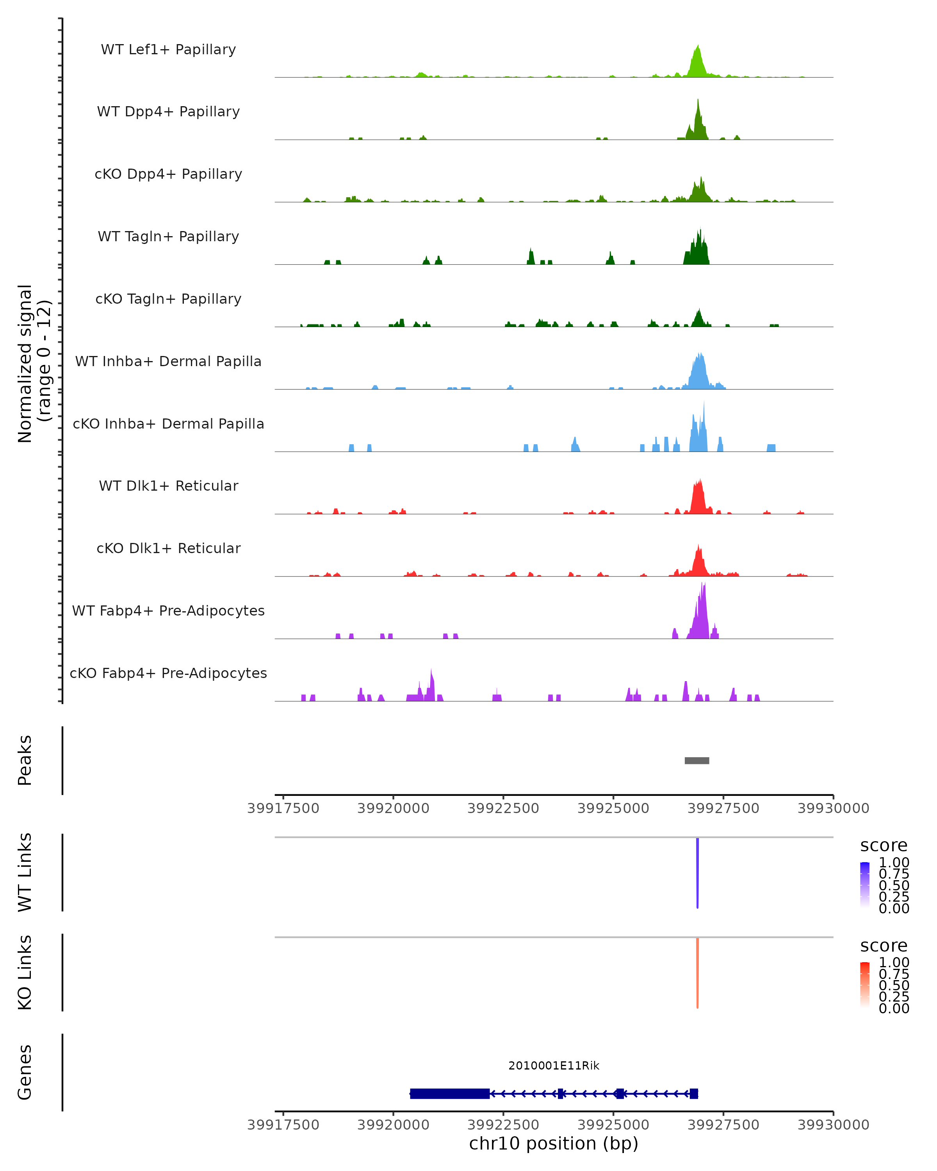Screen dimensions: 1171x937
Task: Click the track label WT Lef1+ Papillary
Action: pos(168,50)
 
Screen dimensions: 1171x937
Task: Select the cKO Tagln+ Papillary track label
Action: pos(168,299)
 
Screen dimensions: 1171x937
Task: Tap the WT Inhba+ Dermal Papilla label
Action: pos(168,361)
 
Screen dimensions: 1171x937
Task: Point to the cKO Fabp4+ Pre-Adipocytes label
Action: pos(168,673)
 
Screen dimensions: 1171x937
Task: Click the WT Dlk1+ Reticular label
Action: pos(168,486)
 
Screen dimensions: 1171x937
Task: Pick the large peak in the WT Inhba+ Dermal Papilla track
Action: pos(699,372)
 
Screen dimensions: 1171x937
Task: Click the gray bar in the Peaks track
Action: pos(697,760)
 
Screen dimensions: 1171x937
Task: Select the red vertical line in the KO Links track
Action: pos(697,973)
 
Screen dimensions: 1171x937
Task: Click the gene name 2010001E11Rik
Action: pos(554,1066)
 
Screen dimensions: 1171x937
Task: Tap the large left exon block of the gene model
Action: pos(450,1093)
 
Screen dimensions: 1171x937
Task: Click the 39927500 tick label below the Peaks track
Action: pos(723,808)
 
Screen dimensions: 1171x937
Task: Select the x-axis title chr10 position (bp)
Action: pos(554,1143)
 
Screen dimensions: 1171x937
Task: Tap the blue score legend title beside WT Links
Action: pos(884,845)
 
